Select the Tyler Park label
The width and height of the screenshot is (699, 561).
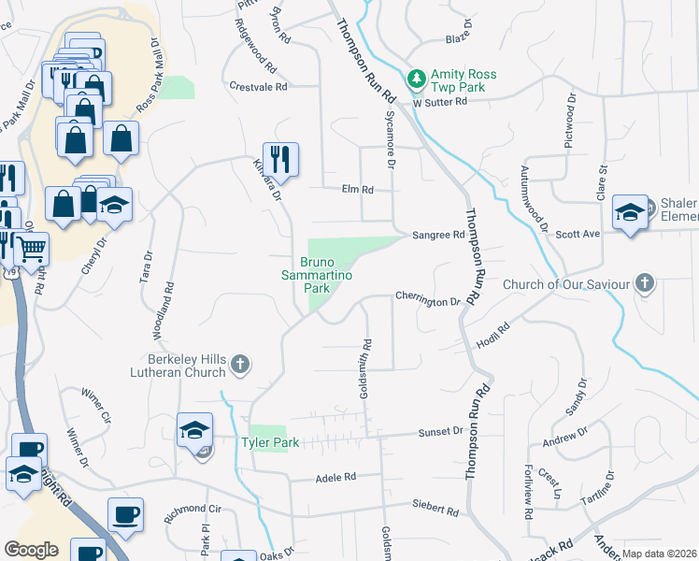[270, 442]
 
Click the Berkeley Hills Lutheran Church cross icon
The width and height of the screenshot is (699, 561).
[240, 364]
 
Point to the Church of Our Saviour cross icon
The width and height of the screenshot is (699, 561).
[643, 282]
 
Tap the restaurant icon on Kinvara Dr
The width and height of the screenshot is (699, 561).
[279, 158]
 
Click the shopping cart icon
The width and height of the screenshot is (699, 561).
[31, 248]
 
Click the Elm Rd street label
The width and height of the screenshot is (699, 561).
[358, 190]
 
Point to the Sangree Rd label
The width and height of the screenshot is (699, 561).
[445, 236]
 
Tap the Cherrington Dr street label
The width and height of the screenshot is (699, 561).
[428, 302]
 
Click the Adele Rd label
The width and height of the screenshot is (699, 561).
[336, 476]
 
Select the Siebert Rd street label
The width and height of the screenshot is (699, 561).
[436, 511]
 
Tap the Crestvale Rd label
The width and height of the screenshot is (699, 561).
[258, 86]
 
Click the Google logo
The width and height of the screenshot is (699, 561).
[31, 550]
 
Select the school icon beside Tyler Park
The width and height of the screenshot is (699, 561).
[194, 430]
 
